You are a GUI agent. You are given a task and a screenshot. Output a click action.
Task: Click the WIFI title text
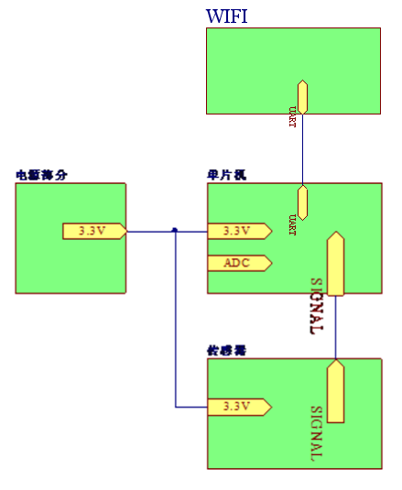point(226,16)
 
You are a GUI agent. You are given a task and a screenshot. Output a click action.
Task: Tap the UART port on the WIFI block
point(302,96)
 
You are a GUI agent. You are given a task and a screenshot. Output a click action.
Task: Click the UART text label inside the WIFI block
point(292,117)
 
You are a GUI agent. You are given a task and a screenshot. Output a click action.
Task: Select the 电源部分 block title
point(41,174)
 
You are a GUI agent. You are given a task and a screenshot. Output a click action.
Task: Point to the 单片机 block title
point(227,174)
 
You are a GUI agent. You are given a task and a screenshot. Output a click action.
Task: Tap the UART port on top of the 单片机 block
point(302,202)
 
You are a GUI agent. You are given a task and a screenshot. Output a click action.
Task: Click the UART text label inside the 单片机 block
point(292,225)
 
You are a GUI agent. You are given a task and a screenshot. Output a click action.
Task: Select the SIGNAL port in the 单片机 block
point(335,264)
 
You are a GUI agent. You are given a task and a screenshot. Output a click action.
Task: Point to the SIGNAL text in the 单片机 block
point(316,306)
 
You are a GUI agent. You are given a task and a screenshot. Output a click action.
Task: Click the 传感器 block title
point(227,350)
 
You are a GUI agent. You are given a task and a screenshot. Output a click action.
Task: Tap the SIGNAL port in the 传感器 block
point(335,391)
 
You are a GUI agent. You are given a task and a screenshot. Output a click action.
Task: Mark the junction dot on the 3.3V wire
point(175,231)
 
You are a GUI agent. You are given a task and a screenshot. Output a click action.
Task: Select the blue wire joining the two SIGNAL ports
point(335,327)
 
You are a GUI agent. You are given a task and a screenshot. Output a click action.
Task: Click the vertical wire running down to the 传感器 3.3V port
point(175,321)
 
